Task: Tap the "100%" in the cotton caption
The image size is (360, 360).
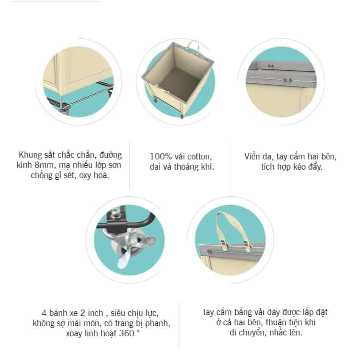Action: pyautogui.click(x=161, y=156)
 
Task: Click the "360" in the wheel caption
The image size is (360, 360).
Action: pyautogui.click(x=127, y=333)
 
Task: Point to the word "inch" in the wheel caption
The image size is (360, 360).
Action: pyautogui.click(x=95, y=313)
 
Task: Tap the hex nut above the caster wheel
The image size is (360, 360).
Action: pyautogui.click(x=116, y=214)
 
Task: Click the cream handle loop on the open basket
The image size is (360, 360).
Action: pyautogui.click(x=193, y=47)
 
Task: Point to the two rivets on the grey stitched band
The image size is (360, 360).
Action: pyautogui.click(x=287, y=80)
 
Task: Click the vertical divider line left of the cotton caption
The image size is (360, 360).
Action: pyautogui.click(x=130, y=165)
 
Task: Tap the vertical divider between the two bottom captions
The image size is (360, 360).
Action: pyautogui.click(x=179, y=325)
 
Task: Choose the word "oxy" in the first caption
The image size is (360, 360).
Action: pyautogui.click(x=85, y=176)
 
